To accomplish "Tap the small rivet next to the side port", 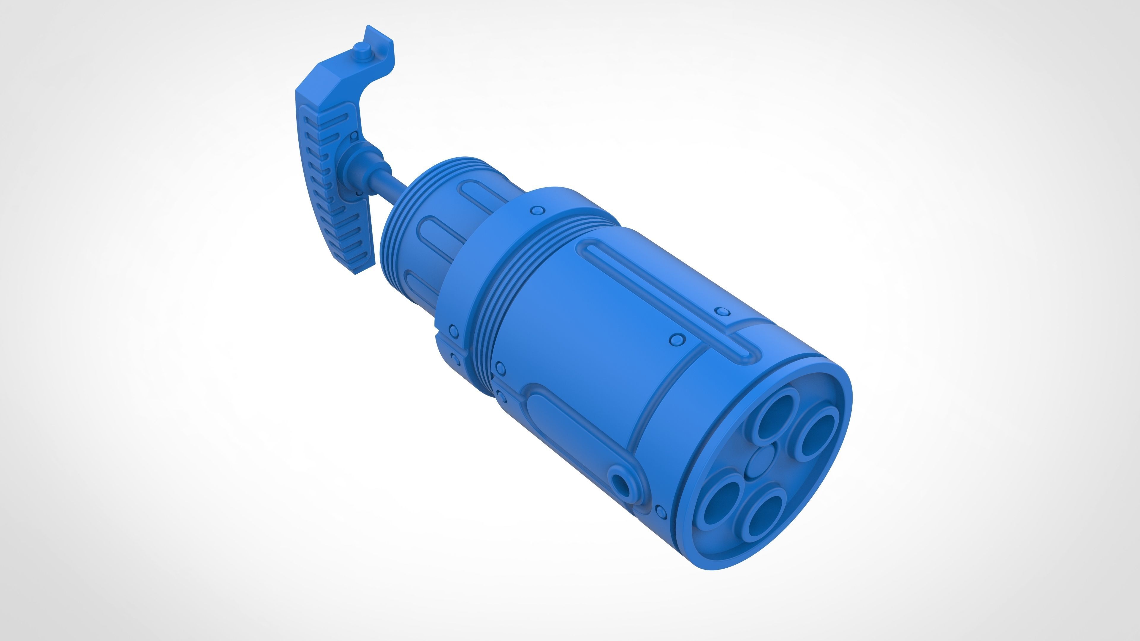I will click(661, 512).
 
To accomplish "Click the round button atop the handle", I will click(362, 50).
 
